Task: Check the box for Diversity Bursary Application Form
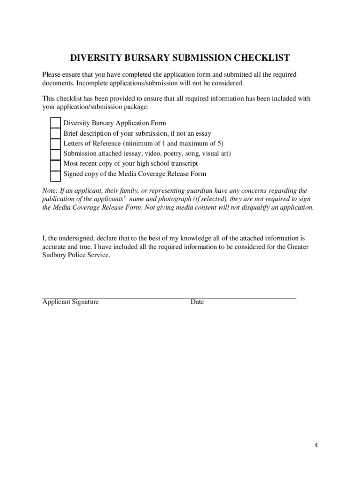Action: (x=56, y=123)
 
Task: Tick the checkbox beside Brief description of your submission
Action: (x=56, y=133)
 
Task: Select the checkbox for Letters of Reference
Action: (x=56, y=144)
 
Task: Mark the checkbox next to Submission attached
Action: (x=56, y=154)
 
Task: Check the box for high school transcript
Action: (x=56, y=164)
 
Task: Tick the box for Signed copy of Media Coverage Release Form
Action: (x=56, y=175)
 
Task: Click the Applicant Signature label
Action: (x=71, y=302)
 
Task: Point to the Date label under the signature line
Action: (x=197, y=302)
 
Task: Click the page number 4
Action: (x=316, y=445)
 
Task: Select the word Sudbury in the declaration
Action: (x=54, y=255)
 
